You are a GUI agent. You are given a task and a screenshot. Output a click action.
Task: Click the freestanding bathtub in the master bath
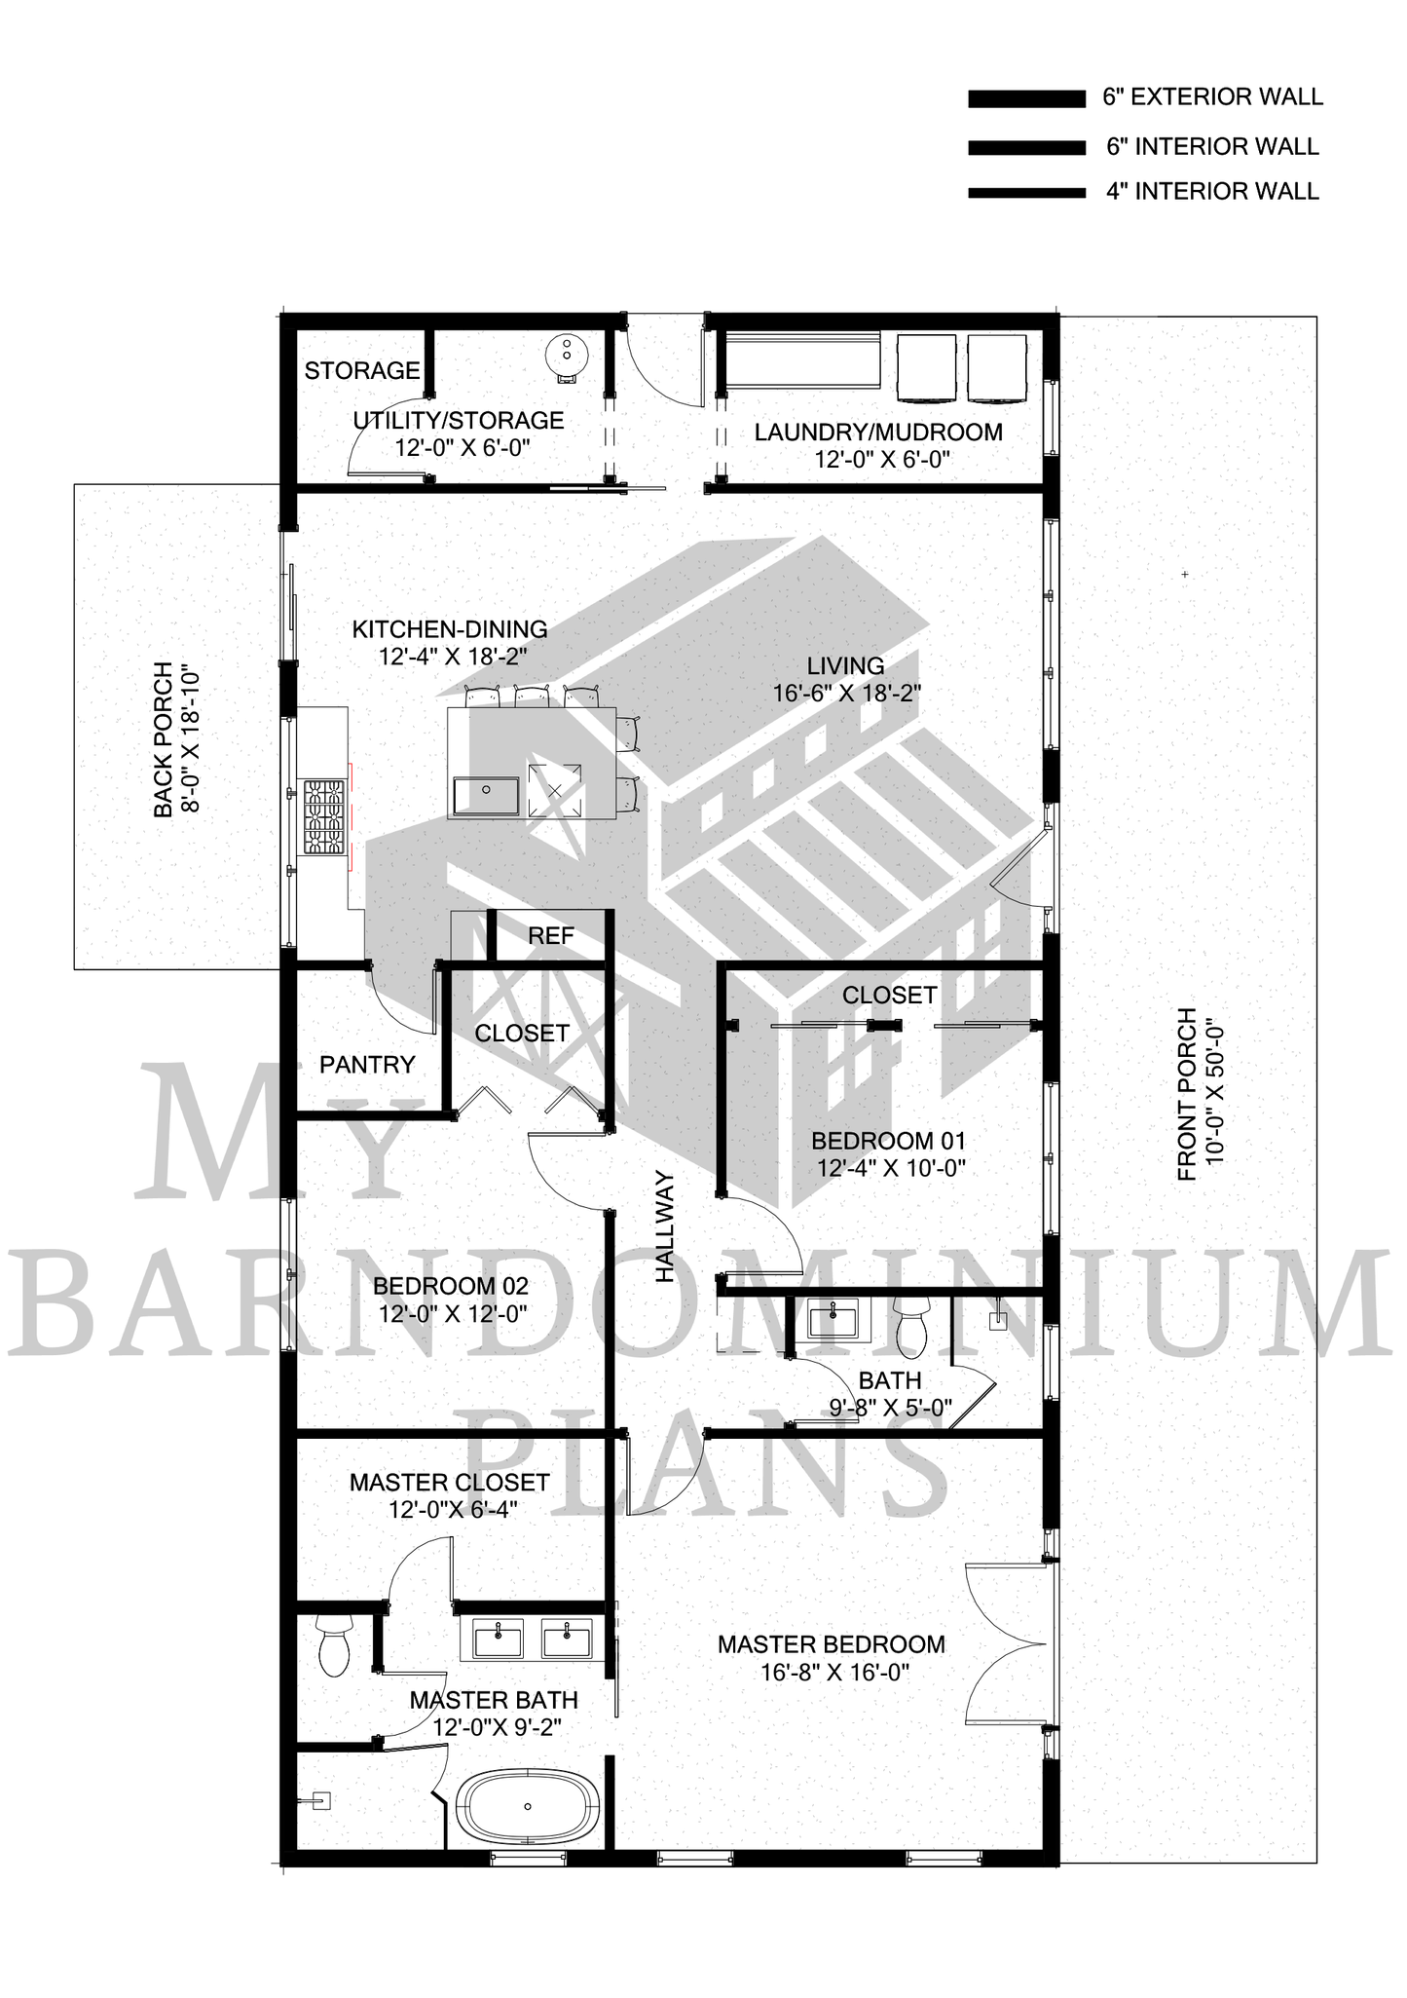pyautogui.click(x=527, y=1807)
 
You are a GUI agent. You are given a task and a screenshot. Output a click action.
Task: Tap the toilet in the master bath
pyautogui.click(x=333, y=1647)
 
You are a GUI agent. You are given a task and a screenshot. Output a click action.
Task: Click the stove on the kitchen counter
pyautogui.click(x=324, y=816)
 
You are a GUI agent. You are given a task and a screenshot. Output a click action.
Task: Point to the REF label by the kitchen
pyautogui.click(x=551, y=936)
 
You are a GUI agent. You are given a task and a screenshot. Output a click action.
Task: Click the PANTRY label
pyautogui.click(x=367, y=1065)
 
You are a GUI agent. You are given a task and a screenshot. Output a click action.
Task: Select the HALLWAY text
pyautogui.click(x=665, y=1226)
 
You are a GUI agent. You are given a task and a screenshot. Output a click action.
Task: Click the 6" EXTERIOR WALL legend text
pyautogui.click(x=1213, y=97)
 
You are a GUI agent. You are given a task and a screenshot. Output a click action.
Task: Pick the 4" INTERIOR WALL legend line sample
pyautogui.click(x=1026, y=193)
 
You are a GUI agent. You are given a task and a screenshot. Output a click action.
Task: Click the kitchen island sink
pyautogui.click(x=487, y=795)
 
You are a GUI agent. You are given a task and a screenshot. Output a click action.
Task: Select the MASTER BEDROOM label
pyautogui.click(x=832, y=1644)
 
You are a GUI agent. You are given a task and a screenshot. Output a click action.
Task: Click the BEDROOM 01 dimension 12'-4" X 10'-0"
pyautogui.click(x=891, y=1168)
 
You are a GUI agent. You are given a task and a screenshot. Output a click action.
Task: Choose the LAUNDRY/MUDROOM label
pyautogui.click(x=878, y=432)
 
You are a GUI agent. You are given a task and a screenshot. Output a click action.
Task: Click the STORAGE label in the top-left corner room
pyautogui.click(x=362, y=370)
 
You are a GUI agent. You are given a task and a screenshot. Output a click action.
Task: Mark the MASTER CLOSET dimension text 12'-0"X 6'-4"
pyautogui.click(x=453, y=1510)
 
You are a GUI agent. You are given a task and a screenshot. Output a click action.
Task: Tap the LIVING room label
pyautogui.click(x=845, y=666)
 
